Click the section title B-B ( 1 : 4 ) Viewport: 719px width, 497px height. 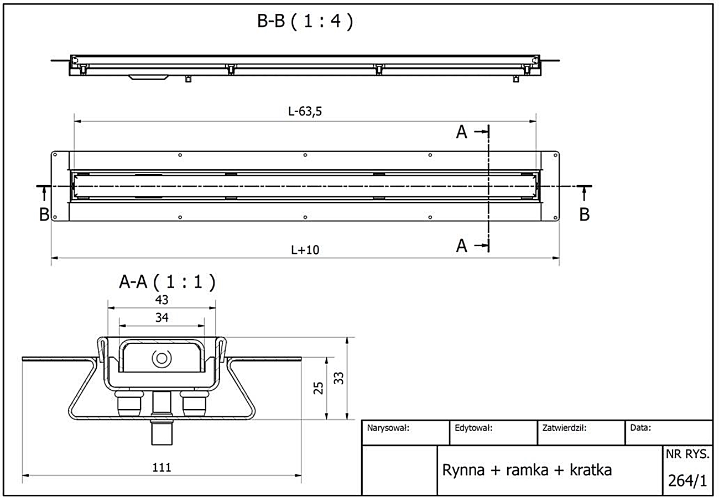(305, 22)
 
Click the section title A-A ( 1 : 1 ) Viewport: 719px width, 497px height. (167, 282)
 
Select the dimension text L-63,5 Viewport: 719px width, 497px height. (305, 111)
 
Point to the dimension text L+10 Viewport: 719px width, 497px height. (305, 250)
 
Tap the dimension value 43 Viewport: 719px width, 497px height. (161, 300)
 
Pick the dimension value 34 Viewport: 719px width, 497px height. (161, 317)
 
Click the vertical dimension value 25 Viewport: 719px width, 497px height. (318, 388)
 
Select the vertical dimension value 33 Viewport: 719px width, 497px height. (339, 378)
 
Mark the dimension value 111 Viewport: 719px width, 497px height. (161, 467)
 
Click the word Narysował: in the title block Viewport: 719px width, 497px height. (388, 427)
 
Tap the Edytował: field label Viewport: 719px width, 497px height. (473, 427)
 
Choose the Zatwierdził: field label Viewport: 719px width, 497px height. (564, 427)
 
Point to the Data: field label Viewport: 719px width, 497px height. (640, 427)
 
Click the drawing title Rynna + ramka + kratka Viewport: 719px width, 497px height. (527, 470)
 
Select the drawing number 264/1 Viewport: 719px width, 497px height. (687, 480)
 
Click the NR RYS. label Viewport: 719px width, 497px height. (687, 454)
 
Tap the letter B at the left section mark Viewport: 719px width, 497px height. (44, 215)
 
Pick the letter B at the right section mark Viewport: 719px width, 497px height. (584, 215)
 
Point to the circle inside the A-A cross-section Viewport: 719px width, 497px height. (161, 358)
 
